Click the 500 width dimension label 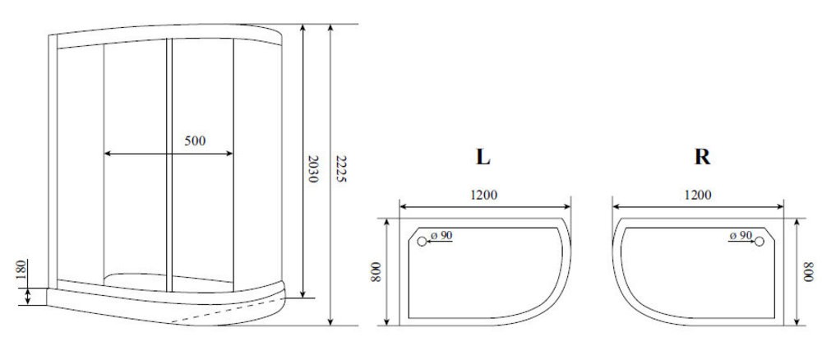tap(195, 141)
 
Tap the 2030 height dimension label tap(312, 168)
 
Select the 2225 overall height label tap(341, 168)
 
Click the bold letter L tap(483, 157)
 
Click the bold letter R tap(702, 157)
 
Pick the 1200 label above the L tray tap(483, 195)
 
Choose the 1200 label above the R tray tap(698, 195)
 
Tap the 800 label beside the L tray tap(376, 271)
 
